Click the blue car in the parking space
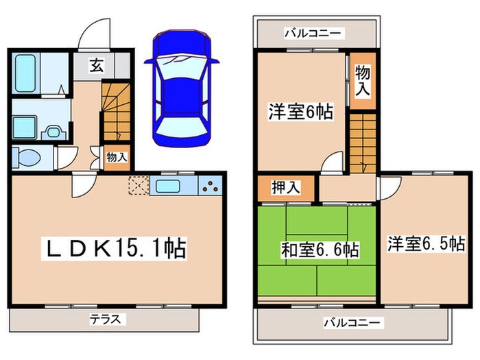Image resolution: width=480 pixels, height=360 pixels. [x=181, y=88]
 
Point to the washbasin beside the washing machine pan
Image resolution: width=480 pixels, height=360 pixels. [x=52, y=130]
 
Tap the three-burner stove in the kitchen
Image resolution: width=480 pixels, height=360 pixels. [x=211, y=185]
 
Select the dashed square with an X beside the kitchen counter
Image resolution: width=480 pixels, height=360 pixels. [x=138, y=185]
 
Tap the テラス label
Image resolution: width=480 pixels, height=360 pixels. [x=105, y=319]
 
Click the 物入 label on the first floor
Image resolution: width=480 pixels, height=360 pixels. [x=117, y=156]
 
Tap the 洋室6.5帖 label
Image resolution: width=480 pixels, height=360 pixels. [x=425, y=243]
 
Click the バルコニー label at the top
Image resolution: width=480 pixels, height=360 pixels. [x=314, y=32]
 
